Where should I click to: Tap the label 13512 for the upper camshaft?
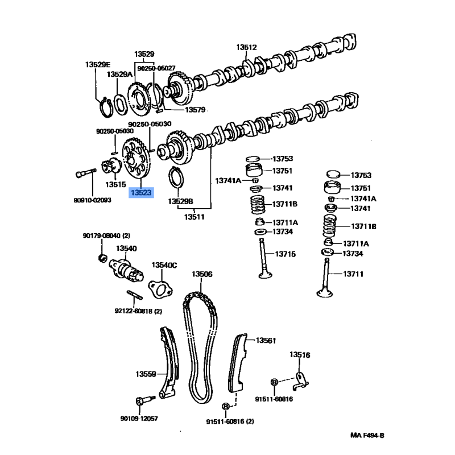pyautogui.click(x=247, y=48)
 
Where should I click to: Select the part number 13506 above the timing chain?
pyautogui.click(x=201, y=274)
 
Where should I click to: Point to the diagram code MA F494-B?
pyautogui.click(x=367, y=436)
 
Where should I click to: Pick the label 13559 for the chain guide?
pyautogui.click(x=146, y=374)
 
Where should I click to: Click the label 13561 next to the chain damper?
pyautogui.click(x=265, y=341)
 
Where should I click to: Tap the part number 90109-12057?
pyautogui.click(x=139, y=419)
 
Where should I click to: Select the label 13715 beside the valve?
pyautogui.click(x=285, y=254)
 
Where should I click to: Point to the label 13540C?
pyautogui.click(x=164, y=265)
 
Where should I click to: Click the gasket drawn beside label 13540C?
pyautogui.click(x=161, y=287)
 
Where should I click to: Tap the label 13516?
pyautogui.click(x=300, y=355)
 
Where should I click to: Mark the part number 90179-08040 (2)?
pyautogui.click(x=106, y=235)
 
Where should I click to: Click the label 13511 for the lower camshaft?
pyautogui.click(x=195, y=217)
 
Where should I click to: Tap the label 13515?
pyautogui.click(x=115, y=185)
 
